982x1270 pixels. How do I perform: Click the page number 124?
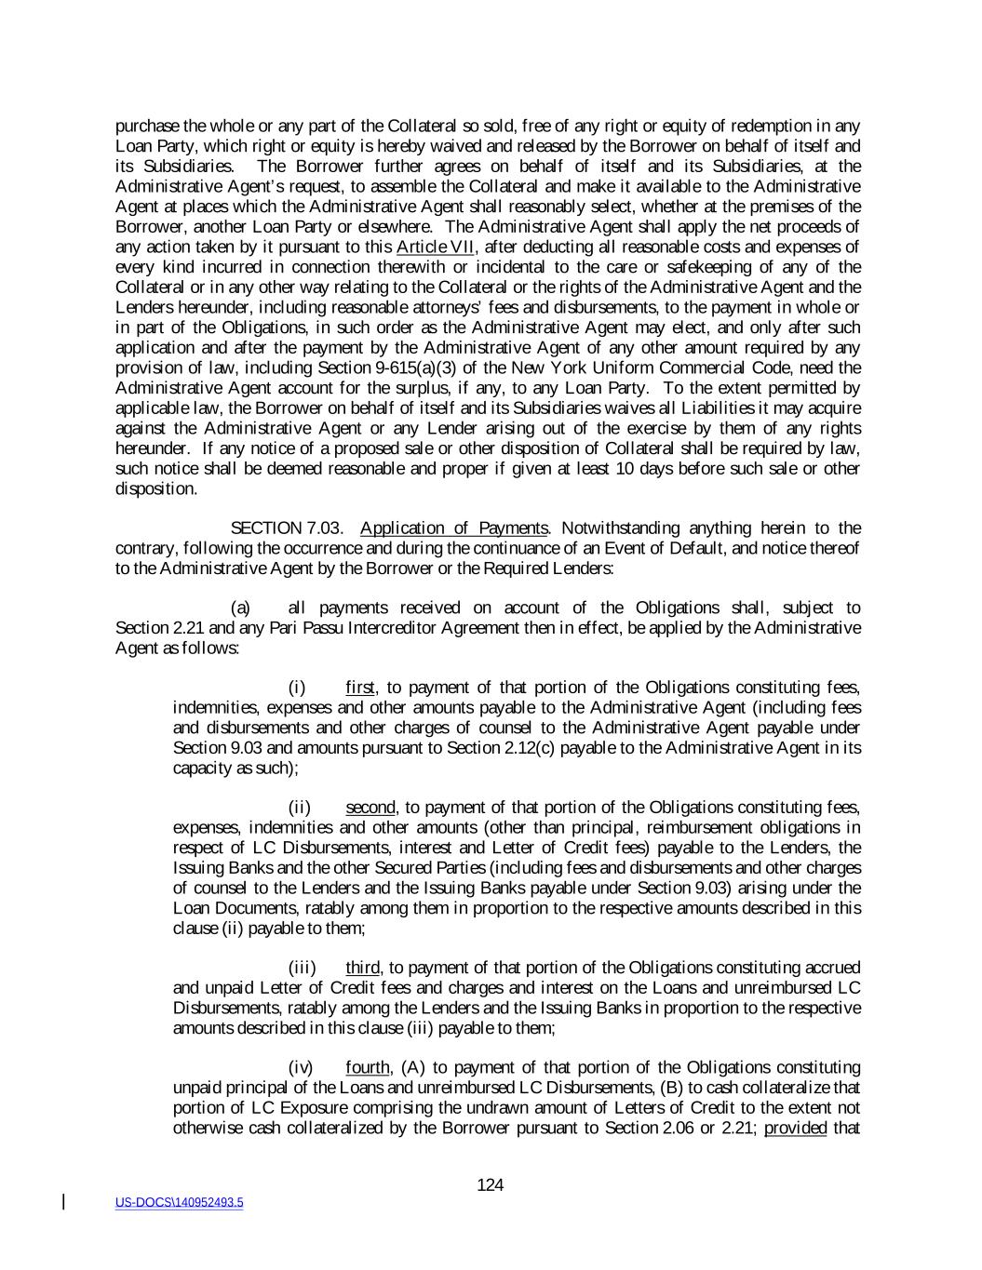(490, 1184)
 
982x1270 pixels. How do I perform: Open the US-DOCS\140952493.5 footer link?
(180, 1202)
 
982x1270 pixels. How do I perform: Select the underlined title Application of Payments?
(453, 528)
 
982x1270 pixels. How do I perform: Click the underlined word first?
(359, 688)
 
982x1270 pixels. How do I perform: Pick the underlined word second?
(370, 807)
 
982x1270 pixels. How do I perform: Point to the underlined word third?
(363, 968)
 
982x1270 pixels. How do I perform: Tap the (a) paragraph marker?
(240, 608)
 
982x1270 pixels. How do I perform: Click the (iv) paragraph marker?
(302, 1067)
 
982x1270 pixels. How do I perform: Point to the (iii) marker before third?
(303, 968)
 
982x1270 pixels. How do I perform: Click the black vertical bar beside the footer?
(63, 1201)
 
